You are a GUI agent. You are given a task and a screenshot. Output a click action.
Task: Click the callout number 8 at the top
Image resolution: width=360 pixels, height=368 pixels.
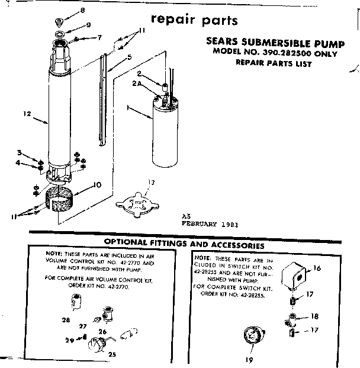pyautogui.click(x=83, y=11)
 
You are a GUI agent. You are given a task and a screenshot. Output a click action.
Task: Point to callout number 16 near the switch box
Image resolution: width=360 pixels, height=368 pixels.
pyautogui.click(x=317, y=268)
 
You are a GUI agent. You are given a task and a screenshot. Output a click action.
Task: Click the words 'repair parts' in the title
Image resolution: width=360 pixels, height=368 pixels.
pyautogui.click(x=195, y=20)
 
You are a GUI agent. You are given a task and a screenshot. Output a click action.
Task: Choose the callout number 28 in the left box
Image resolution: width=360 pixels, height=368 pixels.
pyautogui.click(x=65, y=320)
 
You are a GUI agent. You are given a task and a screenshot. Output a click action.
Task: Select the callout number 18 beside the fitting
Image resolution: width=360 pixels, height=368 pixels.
pyautogui.click(x=314, y=316)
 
